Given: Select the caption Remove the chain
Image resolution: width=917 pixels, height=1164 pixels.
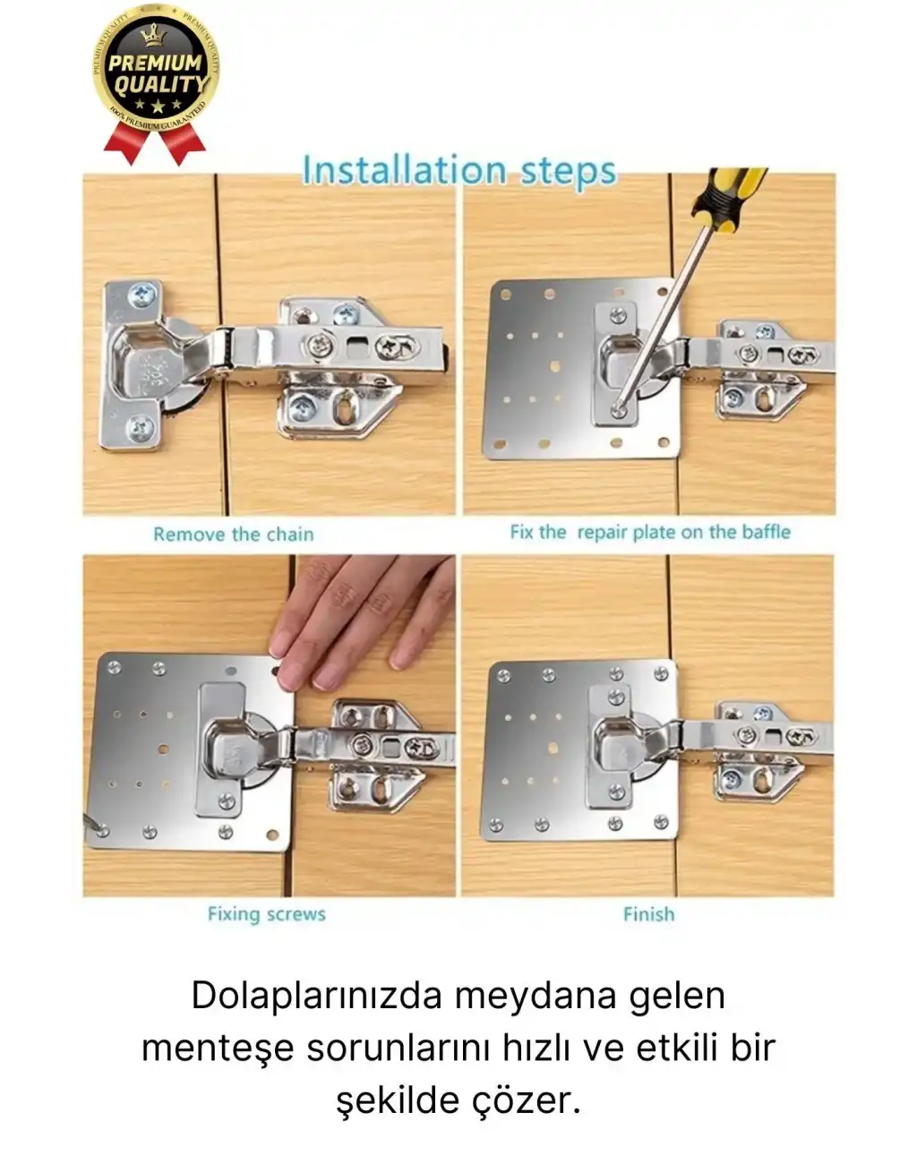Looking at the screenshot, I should pyautogui.click(x=233, y=535).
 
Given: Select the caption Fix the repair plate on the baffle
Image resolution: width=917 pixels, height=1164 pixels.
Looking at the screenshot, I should pyautogui.click(x=650, y=532).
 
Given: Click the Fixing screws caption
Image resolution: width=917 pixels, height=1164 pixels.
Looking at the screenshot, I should pyautogui.click(x=266, y=914).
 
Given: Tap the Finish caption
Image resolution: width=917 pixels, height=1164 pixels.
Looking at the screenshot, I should pyautogui.click(x=648, y=914).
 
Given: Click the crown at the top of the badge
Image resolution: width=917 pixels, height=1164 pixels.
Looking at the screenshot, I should pyautogui.click(x=154, y=36).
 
